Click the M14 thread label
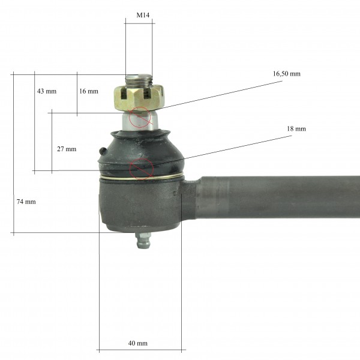pos(143,15)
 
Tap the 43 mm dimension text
pos(47,91)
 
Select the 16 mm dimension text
pos(89,91)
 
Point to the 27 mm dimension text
pos(67,149)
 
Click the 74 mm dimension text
pos(26,202)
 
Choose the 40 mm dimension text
pos(138,343)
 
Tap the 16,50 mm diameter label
pos(287,74)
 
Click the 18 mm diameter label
pos(296,128)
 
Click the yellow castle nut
pos(139,97)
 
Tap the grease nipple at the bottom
pos(143,240)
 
